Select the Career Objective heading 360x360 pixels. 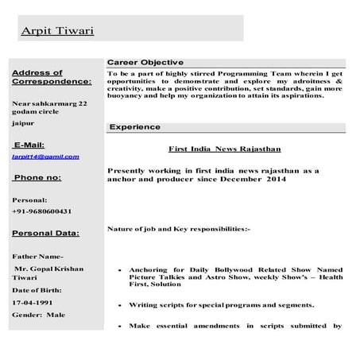[145, 63]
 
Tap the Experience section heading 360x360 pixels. [134, 127]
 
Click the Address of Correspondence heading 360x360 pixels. [52, 77]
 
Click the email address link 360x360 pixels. [45, 157]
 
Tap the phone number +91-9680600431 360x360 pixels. [42, 211]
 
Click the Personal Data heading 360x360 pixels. [45, 234]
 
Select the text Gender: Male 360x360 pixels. [39, 315]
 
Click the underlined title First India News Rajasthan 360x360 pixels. [224, 149]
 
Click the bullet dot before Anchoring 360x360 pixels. [118, 270]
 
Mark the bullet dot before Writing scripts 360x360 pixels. [118, 305]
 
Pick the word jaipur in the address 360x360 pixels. [23, 125]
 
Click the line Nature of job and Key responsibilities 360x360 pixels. [178, 229]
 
